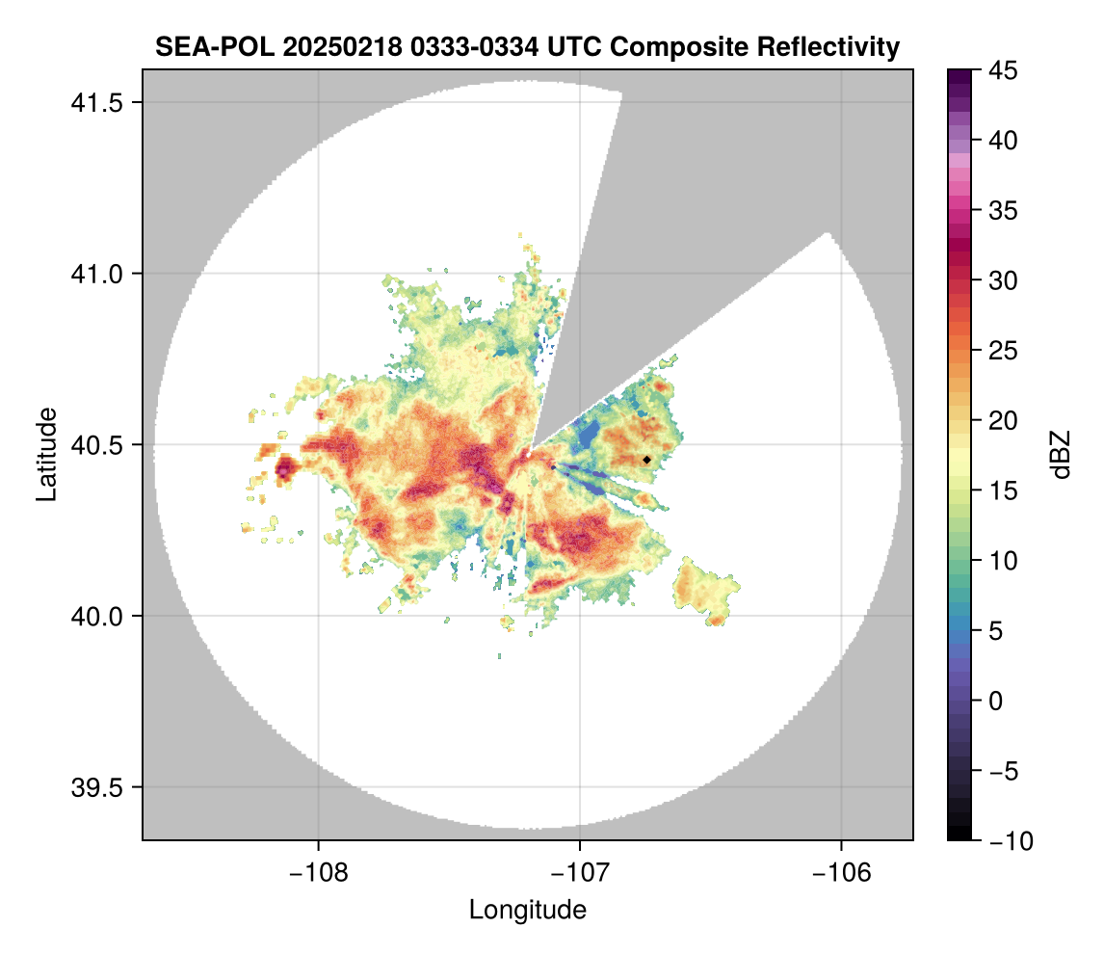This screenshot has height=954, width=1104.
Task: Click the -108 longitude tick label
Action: click(x=318, y=872)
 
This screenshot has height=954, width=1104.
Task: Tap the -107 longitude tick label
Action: click(x=580, y=872)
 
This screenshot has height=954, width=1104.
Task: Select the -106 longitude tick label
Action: click(x=842, y=872)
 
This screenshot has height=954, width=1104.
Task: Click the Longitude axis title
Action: click(x=527, y=910)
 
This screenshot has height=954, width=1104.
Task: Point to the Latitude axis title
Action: click(x=46, y=454)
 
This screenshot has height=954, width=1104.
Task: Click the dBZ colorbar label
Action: click(x=1061, y=455)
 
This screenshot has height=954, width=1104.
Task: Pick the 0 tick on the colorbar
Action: click(x=996, y=701)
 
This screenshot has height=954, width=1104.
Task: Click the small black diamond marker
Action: click(x=646, y=460)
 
